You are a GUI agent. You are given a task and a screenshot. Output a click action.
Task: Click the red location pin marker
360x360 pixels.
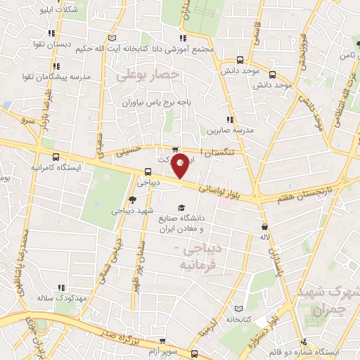[x=180, y=165]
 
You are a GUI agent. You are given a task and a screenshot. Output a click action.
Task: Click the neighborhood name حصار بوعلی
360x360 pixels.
[x=149, y=73]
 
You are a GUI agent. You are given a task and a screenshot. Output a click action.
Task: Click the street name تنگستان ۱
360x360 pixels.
[x=220, y=152]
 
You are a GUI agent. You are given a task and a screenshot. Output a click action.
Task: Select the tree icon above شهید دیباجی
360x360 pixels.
[x=133, y=200]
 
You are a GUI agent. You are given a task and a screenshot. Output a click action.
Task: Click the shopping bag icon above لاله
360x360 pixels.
[x=264, y=226]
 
